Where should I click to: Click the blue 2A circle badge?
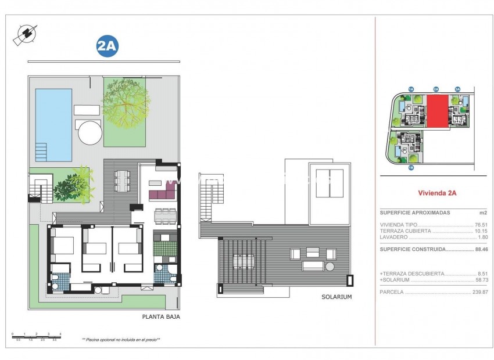point(106,47)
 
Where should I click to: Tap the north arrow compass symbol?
point(24,35)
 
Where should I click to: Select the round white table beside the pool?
point(90,132)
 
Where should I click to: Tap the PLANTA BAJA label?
point(161,317)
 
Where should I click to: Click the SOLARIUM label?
point(337,297)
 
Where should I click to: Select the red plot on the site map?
point(437,111)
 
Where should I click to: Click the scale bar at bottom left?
point(36,336)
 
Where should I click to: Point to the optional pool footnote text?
point(121,340)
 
